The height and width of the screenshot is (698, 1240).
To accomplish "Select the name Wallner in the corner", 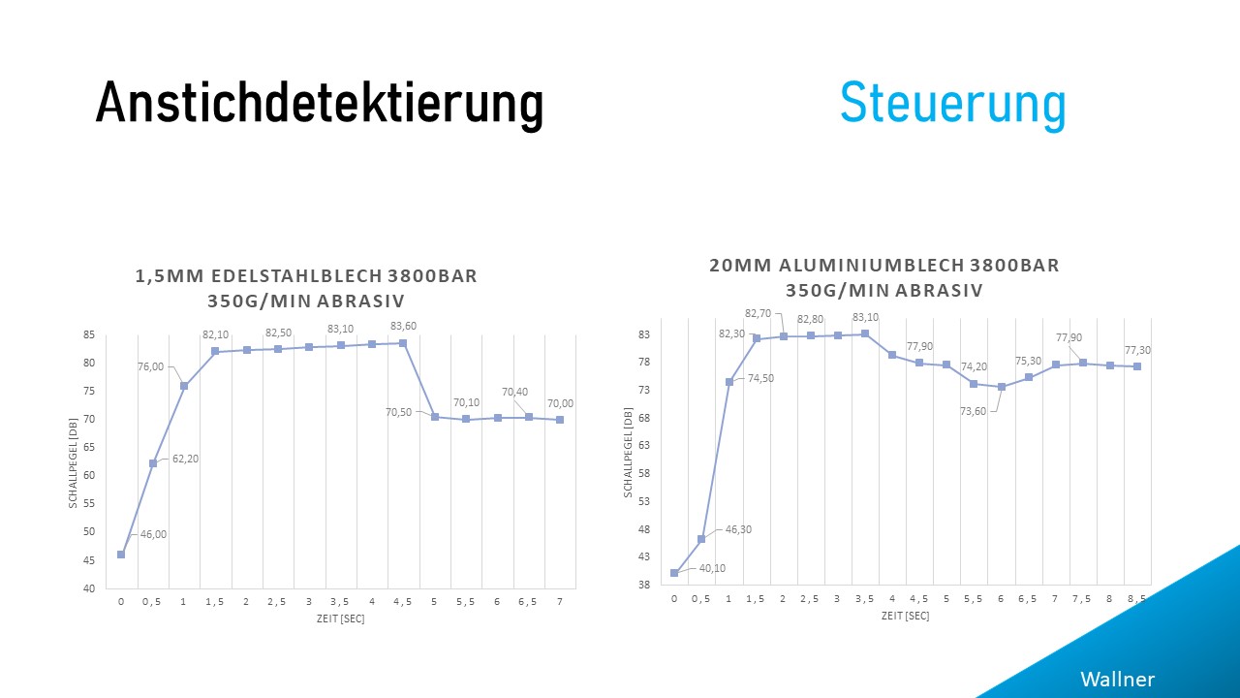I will click(x=1117, y=679).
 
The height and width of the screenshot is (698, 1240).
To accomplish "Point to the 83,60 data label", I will click(x=403, y=326).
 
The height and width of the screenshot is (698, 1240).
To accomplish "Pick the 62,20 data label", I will click(x=184, y=459).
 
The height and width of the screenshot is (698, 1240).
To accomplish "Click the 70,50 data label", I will click(x=398, y=412).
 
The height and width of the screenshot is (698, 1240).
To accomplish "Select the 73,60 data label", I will click(x=973, y=411).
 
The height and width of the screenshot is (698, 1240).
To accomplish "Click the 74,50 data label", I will click(x=761, y=379).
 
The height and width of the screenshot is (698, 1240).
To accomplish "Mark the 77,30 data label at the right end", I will click(x=1137, y=350).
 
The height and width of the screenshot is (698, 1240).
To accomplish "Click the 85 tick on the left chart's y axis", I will click(x=88, y=335).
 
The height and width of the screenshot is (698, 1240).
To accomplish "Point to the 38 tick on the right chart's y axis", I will click(x=642, y=585).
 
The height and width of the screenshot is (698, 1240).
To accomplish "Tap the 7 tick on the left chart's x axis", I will click(x=559, y=602).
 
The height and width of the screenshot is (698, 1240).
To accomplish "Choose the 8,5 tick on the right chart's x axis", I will click(x=1137, y=599).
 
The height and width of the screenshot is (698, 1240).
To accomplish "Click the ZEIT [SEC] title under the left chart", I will click(x=341, y=619).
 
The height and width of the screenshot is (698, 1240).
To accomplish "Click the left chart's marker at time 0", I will click(x=121, y=555).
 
